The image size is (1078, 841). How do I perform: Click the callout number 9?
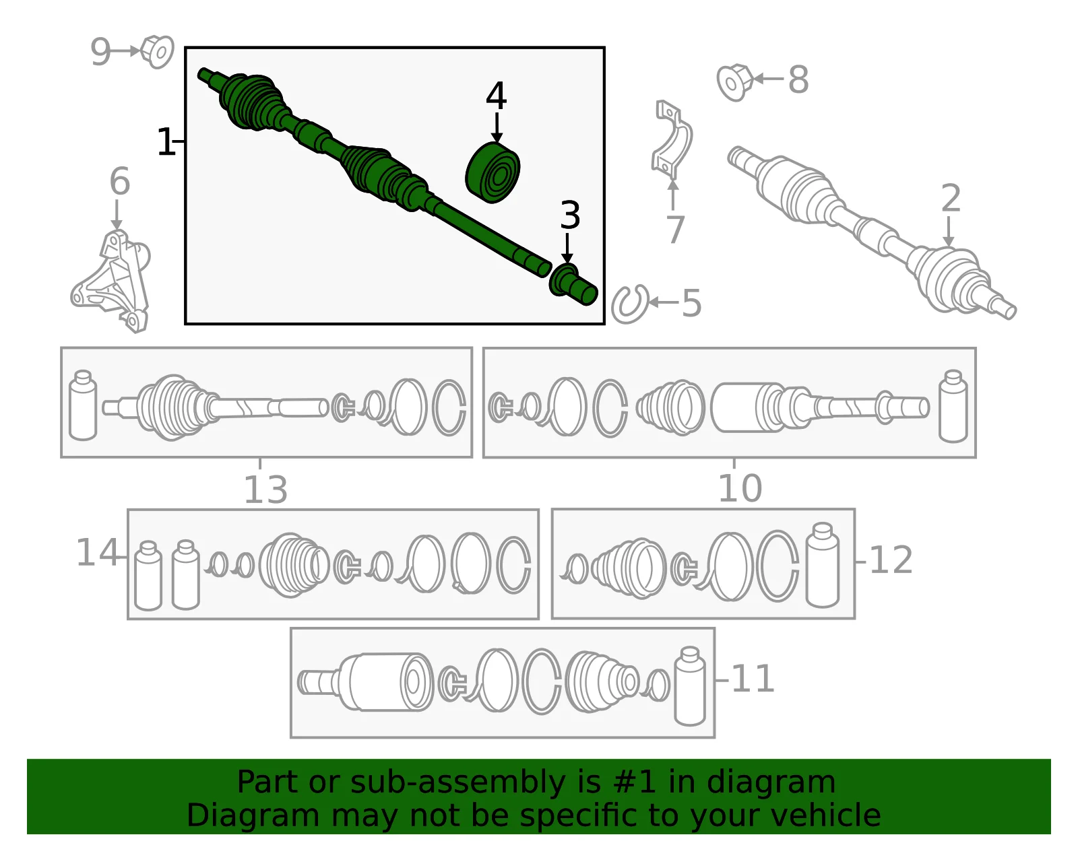click(x=100, y=52)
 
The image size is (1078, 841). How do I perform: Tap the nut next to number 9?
click(x=157, y=52)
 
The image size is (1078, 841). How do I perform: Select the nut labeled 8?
click(x=735, y=82)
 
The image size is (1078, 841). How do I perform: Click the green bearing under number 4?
click(x=493, y=172)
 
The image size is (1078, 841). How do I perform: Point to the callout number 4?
click(x=496, y=96)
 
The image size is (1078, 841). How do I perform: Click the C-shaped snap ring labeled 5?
click(x=630, y=304)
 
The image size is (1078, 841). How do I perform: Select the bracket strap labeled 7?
click(x=672, y=139)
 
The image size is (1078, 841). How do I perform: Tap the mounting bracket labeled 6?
click(x=111, y=281)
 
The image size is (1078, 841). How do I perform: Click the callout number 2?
click(x=951, y=198)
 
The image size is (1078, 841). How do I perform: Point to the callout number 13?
click(x=265, y=490)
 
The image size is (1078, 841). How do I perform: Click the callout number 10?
click(x=740, y=488)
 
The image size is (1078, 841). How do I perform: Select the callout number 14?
click(x=97, y=552)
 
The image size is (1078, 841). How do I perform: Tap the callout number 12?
click(x=891, y=560)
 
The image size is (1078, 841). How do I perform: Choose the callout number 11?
click(x=753, y=679)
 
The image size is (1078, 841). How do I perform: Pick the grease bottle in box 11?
click(x=690, y=686)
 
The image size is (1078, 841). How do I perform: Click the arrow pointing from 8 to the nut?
click(x=768, y=78)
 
